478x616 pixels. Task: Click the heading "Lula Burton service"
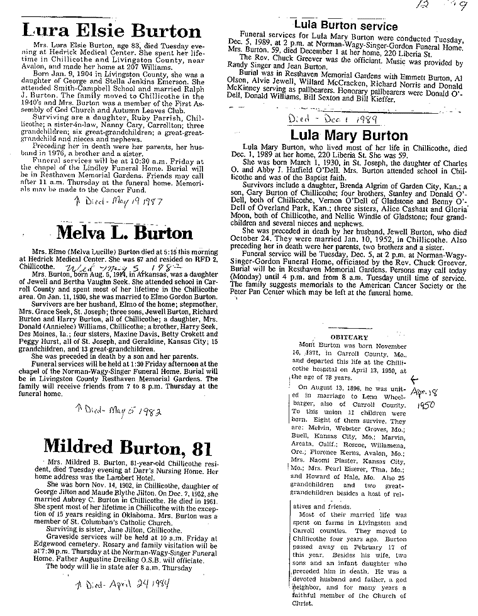coord(345,26)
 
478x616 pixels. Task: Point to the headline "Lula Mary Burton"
coord(348,136)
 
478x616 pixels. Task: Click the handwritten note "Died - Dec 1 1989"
coord(322,118)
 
